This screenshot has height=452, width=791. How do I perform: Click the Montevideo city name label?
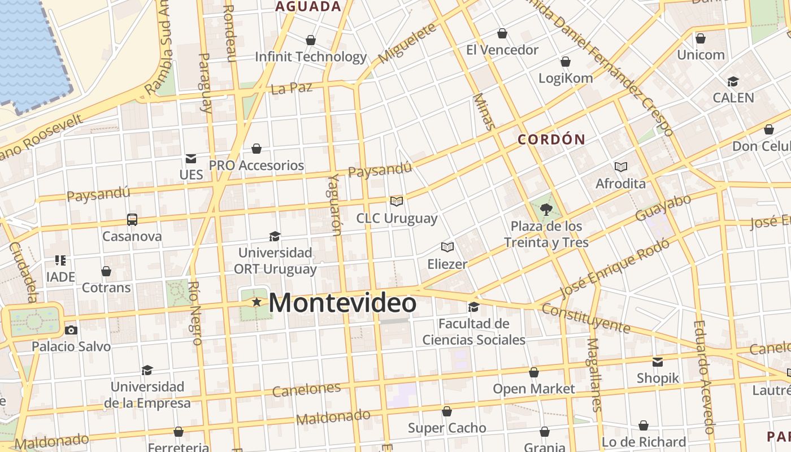tap(342, 303)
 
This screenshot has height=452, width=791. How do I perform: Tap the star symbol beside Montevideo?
tap(257, 302)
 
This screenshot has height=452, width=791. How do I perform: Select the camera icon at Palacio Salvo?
tap(71, 330)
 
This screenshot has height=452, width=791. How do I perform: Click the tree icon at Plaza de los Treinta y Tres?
tap(546, 210)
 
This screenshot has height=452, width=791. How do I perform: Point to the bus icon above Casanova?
tap(132, 219)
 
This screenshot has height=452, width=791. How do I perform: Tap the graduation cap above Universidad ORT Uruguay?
tap(275, 236)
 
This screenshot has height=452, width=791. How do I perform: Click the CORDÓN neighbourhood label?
tap(551, 140)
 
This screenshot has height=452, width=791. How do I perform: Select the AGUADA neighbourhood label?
tap(308, 7)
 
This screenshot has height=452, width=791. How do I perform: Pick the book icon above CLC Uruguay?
tap(397, 201)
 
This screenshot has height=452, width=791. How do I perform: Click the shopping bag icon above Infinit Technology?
tap(310, 40)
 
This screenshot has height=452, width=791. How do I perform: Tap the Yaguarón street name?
tap(335, 204)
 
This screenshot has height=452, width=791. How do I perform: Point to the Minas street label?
tap(485, 111)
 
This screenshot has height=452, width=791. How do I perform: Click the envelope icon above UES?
tap(191, 159)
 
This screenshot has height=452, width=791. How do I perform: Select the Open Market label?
tap(533, 389)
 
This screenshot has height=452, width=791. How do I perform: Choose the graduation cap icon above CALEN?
tap(733, 81)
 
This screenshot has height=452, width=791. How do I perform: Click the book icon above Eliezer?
tap(447, 247)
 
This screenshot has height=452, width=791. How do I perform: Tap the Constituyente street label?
tap(585, 318)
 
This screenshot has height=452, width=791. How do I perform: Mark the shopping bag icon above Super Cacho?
tap(447, 411)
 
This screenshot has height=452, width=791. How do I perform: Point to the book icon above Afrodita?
tap(621, 167)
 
